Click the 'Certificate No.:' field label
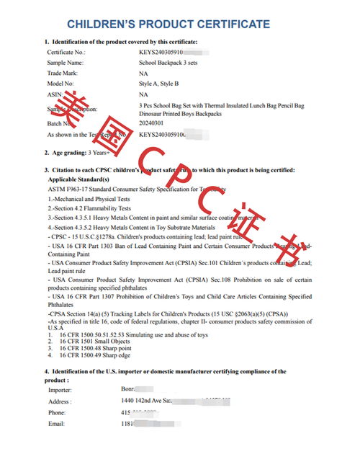(66, 53)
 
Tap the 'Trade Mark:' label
(63, 73)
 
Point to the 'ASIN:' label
(55, 94)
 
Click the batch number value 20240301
(152, 124)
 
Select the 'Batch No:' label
(61, 124)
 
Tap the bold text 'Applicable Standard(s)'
(79, 179)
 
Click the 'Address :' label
(60, 402)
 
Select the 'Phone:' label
(57, 413)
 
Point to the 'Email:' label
(56, 424)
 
